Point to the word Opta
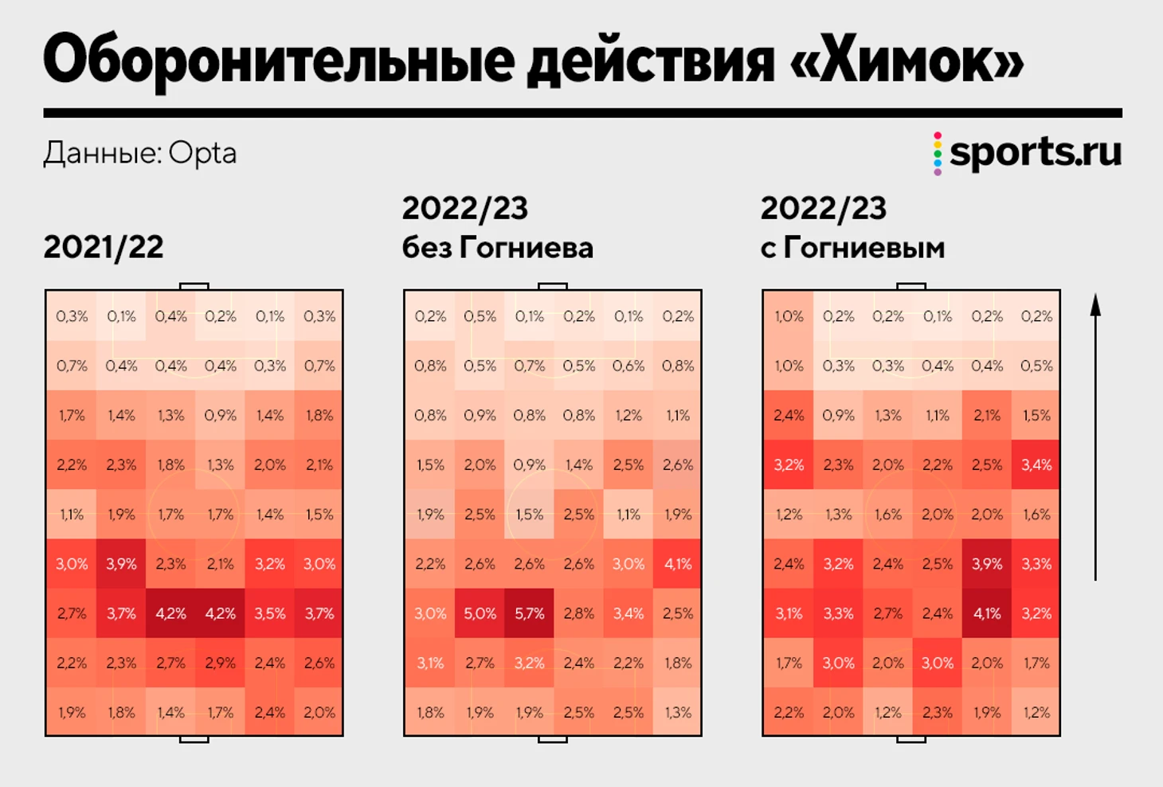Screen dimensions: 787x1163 202,153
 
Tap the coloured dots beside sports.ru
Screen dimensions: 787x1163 938,153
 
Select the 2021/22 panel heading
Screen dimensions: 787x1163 104,247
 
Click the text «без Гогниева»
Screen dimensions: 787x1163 497,248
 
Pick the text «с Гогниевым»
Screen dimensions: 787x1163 852,248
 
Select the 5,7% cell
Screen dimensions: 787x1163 529,613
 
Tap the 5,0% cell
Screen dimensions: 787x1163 480,613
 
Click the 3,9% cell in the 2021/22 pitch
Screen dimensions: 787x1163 121,564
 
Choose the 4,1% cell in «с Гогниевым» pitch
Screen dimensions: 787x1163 986,613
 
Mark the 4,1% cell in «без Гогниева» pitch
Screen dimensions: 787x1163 677,564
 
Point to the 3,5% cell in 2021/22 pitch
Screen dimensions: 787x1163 269,613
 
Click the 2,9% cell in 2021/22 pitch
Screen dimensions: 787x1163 220,663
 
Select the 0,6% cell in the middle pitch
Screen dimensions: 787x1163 628,366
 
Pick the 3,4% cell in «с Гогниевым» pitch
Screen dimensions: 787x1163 1036,464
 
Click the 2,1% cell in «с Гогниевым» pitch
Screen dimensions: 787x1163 986,415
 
